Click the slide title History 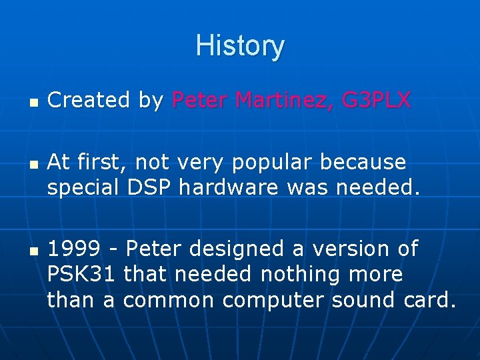coord(240,46)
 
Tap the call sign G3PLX coord(376,100)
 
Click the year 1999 coord(74,249)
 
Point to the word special coord(83,188)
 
